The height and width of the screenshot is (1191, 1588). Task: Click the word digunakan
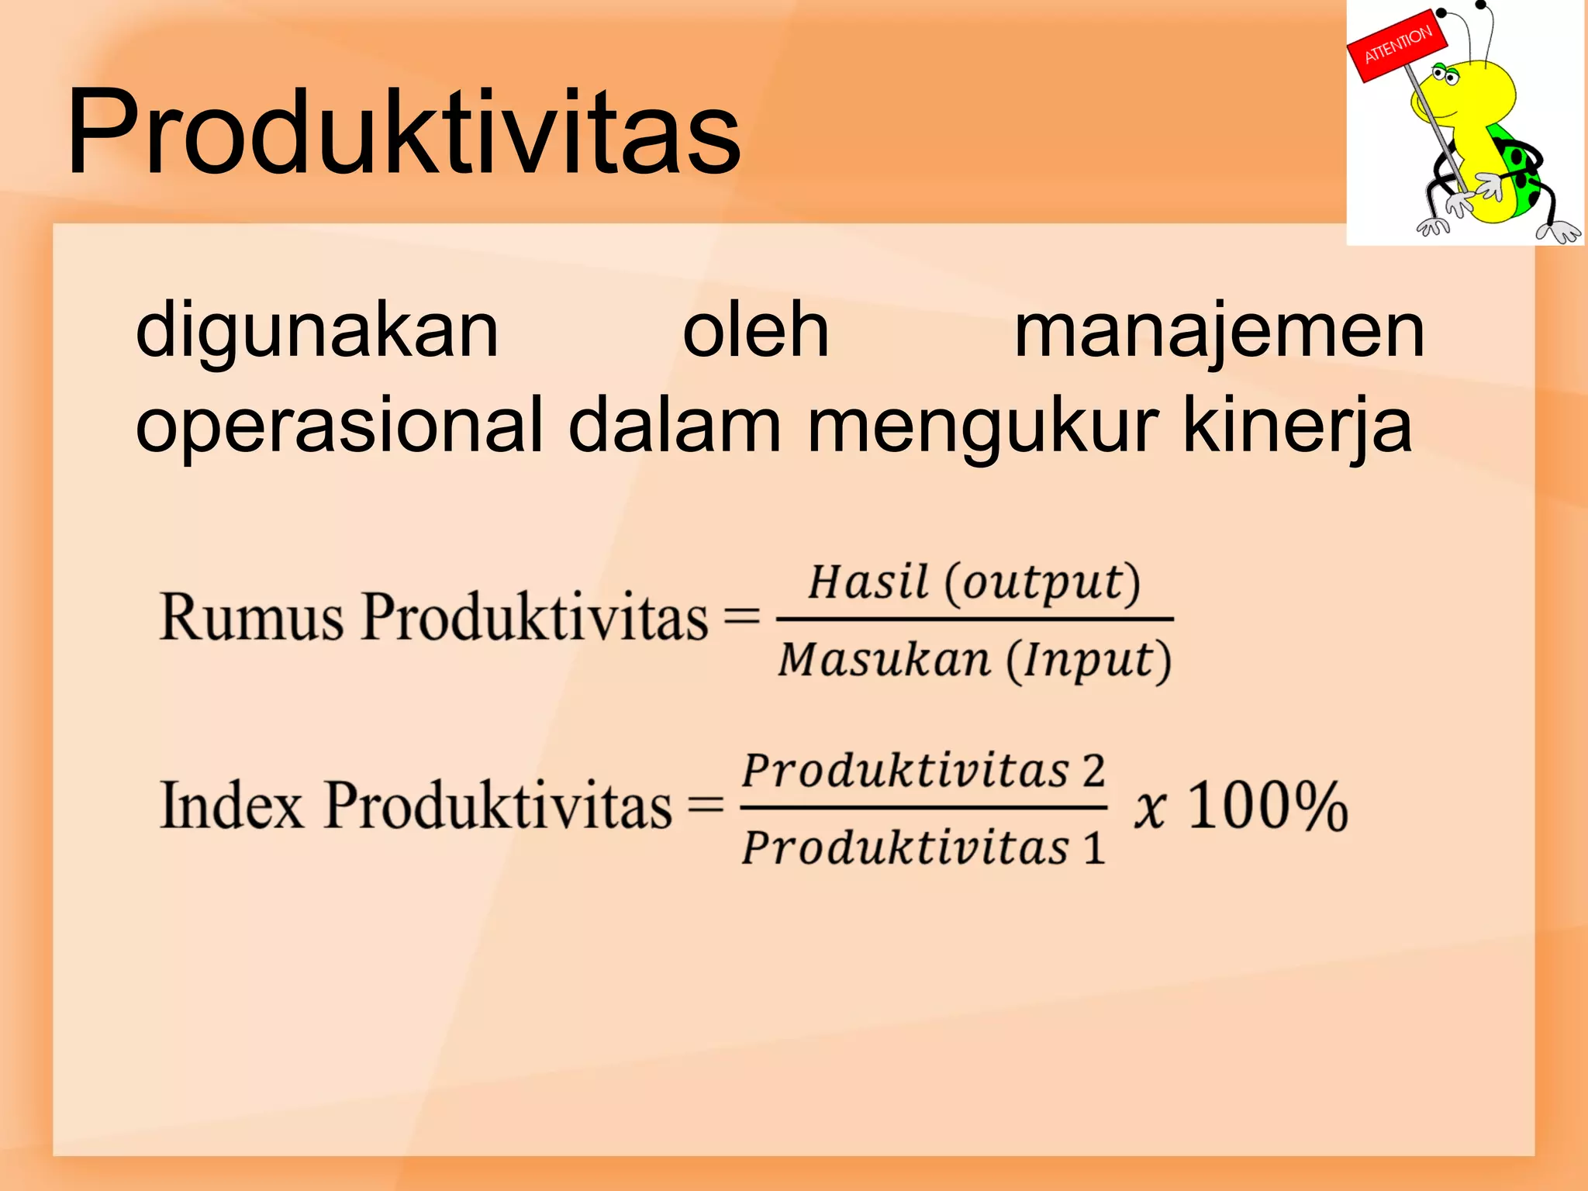click(317, 332)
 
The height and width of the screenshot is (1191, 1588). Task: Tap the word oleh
click(755, 332)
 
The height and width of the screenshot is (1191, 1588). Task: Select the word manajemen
click(1219, 332)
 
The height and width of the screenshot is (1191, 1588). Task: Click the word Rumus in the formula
click(250, 618)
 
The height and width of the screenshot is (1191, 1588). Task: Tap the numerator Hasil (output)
click(974, 582)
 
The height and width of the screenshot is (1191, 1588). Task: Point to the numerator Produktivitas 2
click(923, 771)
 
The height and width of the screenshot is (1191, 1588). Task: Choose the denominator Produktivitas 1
click(923, 847)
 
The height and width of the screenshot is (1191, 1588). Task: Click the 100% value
click(1268, 806)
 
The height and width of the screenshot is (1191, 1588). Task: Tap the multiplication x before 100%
click(1150, 808)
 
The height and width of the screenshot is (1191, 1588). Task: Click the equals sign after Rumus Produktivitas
click(741, 618)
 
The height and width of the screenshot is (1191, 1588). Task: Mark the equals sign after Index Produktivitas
click(706, 806)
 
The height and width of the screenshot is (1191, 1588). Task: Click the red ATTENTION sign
click(1396, 46)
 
